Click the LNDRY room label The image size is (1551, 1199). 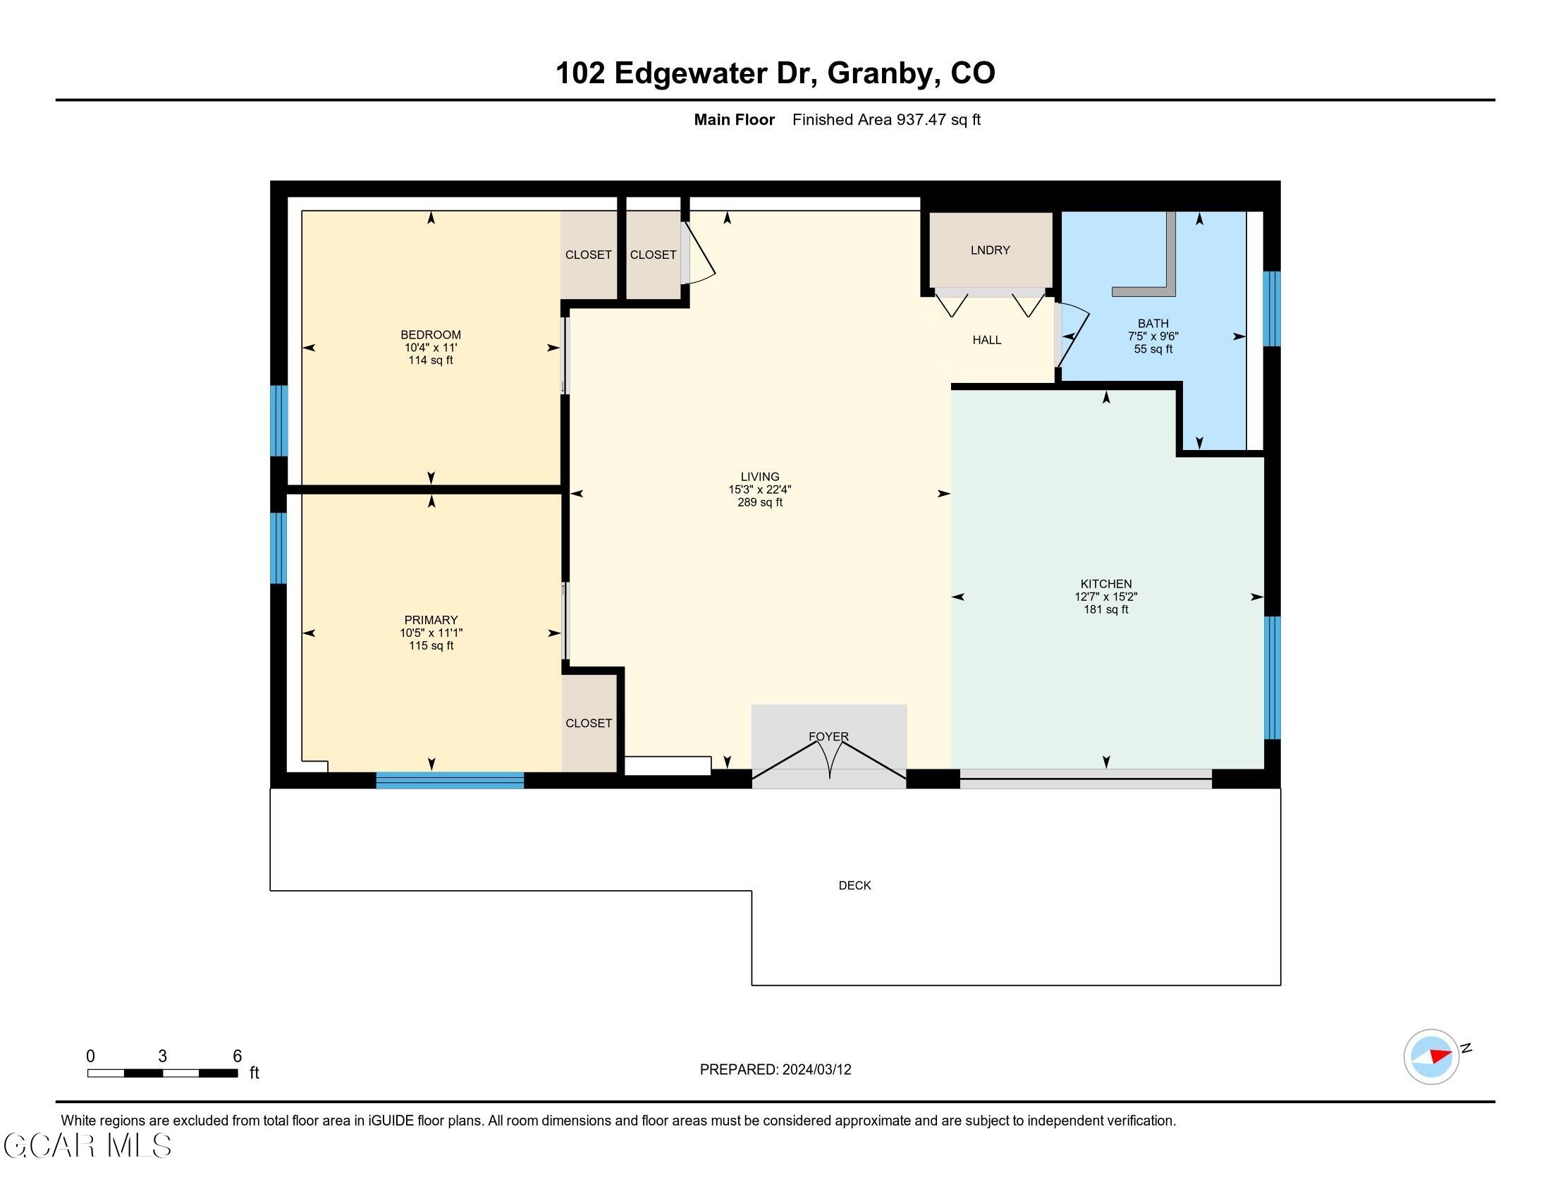pyautogui.click(x=990, y=250)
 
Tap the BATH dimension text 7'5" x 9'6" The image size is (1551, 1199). pyautogui.click(x=1153, y=336)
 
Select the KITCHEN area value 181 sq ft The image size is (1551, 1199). pyautogui.click(x=1105, y=609)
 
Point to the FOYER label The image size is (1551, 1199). pyautogui.click(x=828, y=736)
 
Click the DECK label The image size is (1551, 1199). pyautogui.click(x=854, y=885)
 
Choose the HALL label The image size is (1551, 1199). pyautogui.click(x=986, y=340)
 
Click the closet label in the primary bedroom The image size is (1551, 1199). pyautogui.click(x=588, y=723)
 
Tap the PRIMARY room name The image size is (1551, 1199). pyautogui.click(x=430, y=620)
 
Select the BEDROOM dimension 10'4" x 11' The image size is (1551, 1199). pyautogui.click(x=430, y=347)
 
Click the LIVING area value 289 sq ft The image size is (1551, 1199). pyautogui.click(x=759, y=502)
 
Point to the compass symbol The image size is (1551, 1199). pyautogui.click(x=1431, y=1057)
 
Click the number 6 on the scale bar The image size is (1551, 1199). pyautogui.click(x=237, y=1056)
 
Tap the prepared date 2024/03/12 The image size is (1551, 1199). pyautogui.click(x=816, y=1069)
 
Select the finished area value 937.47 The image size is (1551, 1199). pyautogui.click(x=921, y=119)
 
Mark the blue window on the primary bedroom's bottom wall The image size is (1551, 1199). pyautogui.click(x=450, y=780)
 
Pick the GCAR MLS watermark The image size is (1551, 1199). pyautogui.click(x=87, y=1145)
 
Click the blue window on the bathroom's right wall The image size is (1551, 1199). pyautogui.click(x=1271, y=308)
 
